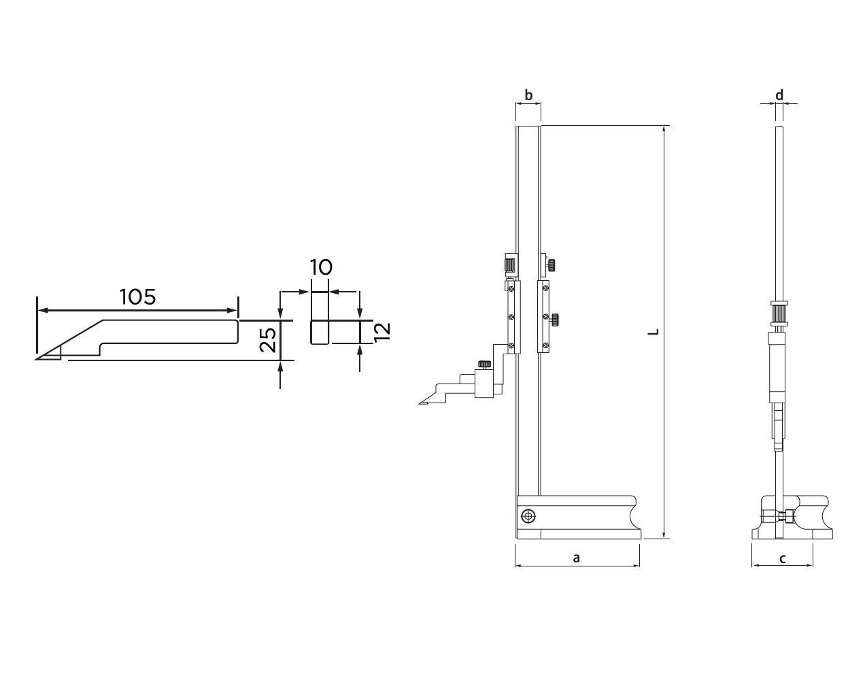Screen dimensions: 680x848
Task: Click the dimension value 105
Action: tap(138, 297)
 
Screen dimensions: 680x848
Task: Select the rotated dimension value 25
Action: tap(269, 339)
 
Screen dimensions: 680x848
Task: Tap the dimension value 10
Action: tap(321, 267)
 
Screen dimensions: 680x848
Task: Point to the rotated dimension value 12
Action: tap(382, 331)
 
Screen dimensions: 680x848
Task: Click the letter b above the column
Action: tap(528, 95)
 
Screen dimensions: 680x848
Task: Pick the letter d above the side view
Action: tap(779, 95)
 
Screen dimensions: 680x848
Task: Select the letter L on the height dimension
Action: tap(654, 332)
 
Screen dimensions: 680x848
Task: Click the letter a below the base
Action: tap(576, 558)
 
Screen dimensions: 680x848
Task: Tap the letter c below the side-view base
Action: tap(782, 558)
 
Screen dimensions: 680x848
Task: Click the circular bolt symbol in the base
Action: tap(528, 517)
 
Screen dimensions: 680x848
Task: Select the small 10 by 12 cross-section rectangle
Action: tap(320, 332)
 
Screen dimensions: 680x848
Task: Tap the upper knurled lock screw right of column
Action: tap(554, 264)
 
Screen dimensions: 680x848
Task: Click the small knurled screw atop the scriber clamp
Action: tap(484, 364)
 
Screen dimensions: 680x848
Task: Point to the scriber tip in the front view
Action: tap(420, 403)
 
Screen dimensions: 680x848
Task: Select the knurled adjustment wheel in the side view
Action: tap(779, 314)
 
